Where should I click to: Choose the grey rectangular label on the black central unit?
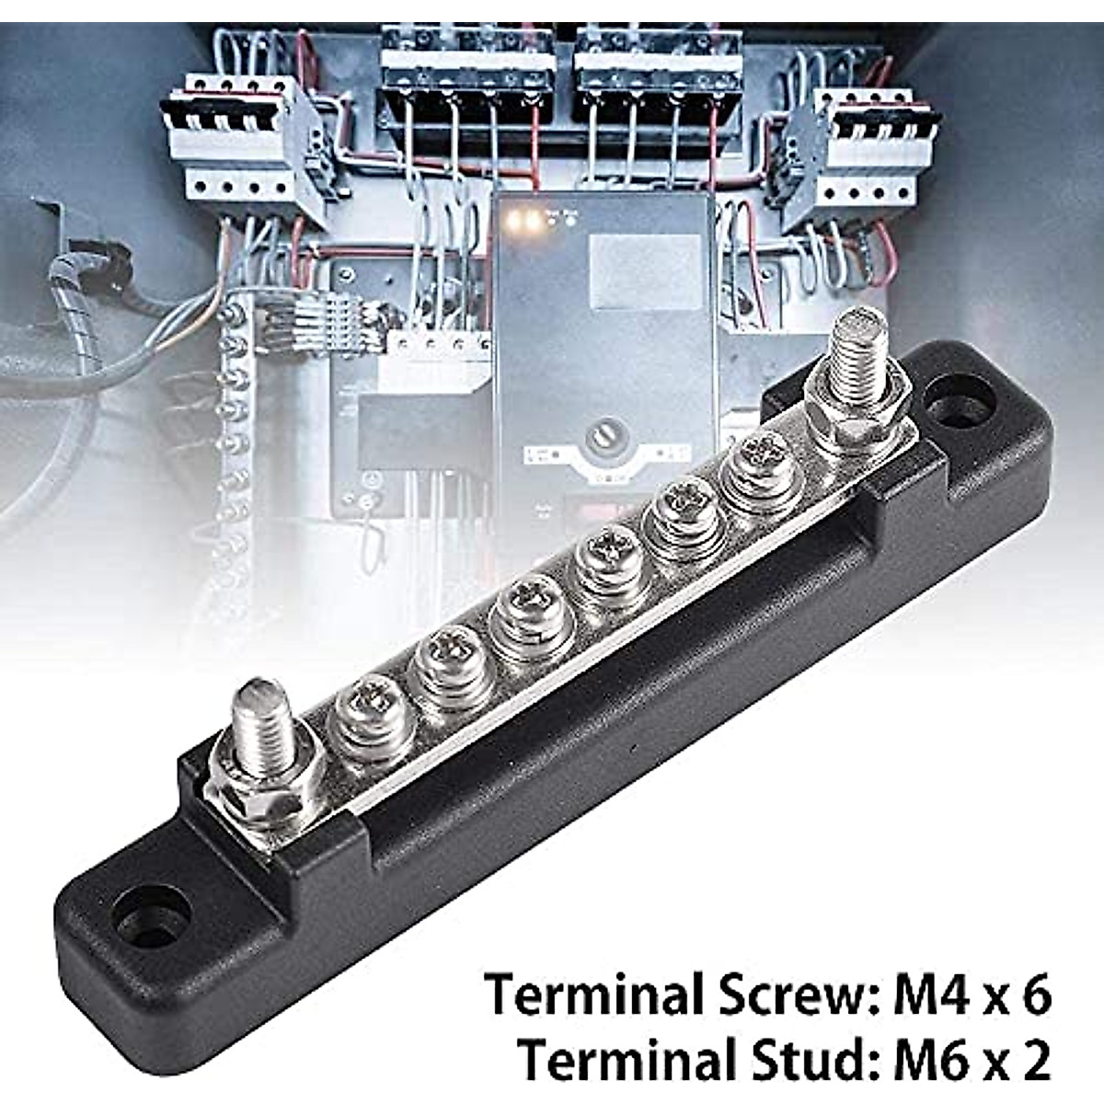645,270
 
